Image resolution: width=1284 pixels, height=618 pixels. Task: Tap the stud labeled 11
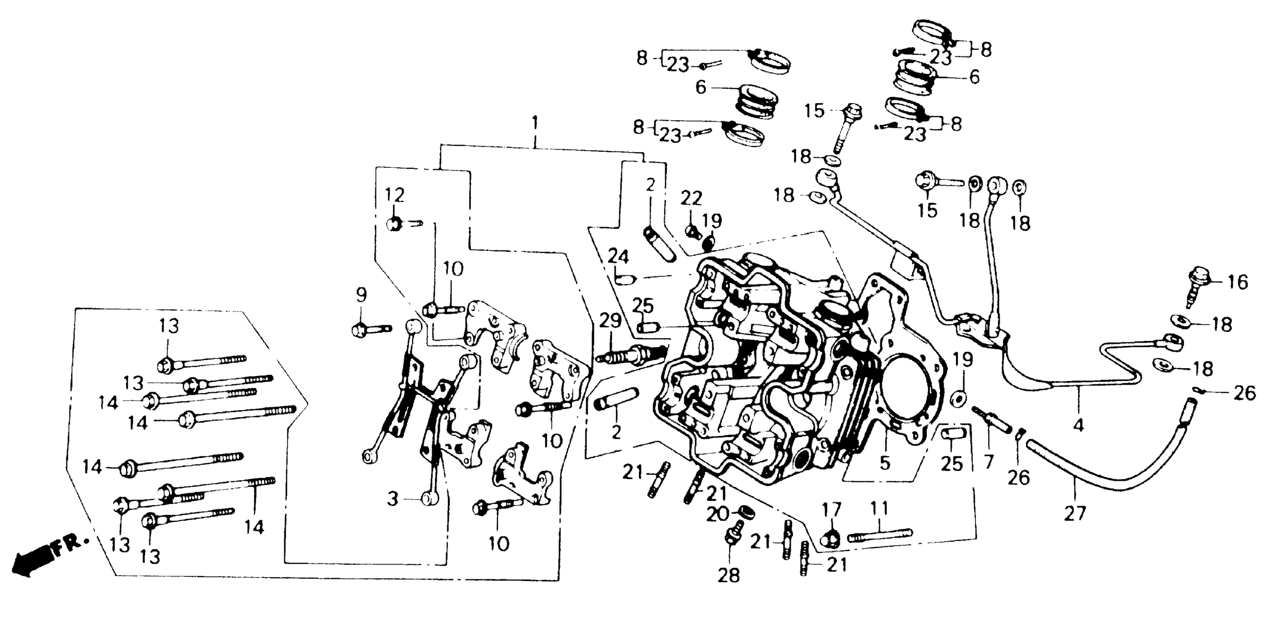pyautogui.click(x=879, y=534)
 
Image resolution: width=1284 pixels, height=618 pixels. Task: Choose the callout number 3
pyautogui.click(x=393, y=499)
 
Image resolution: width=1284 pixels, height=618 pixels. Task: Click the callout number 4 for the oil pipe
pyautogui.click(x=1078, y=425)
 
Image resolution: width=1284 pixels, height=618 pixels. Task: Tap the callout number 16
pyautogui.click(x=1238, y=283)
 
